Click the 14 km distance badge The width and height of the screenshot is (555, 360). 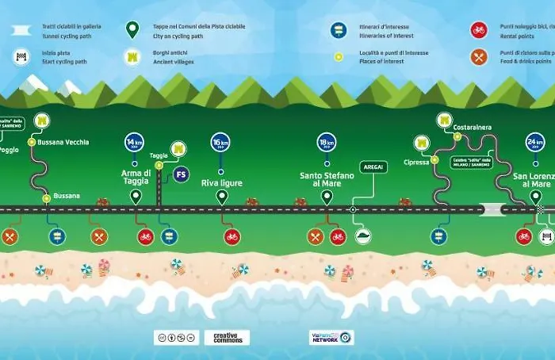point(134,144)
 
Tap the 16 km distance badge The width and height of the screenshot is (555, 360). point(221,144)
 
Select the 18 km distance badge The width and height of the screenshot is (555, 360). point(327,142)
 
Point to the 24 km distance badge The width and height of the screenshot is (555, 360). point(535,142)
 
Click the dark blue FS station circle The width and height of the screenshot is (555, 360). point(182,174)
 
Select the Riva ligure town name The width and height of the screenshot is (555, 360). point(221,183)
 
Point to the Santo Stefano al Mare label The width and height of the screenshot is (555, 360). point(327,179)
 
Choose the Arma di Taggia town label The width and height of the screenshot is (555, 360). point(136,178)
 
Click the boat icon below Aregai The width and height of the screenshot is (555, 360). point(362,236)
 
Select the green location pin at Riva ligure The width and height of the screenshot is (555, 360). point(221,197)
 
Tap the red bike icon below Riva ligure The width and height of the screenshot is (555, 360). point(232,236)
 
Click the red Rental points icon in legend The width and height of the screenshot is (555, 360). point(478,30)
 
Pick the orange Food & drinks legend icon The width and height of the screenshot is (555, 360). point(478,56)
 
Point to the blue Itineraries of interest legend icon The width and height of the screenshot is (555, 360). point(338,30)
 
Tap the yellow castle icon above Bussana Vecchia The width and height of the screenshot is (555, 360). point(42,121)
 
